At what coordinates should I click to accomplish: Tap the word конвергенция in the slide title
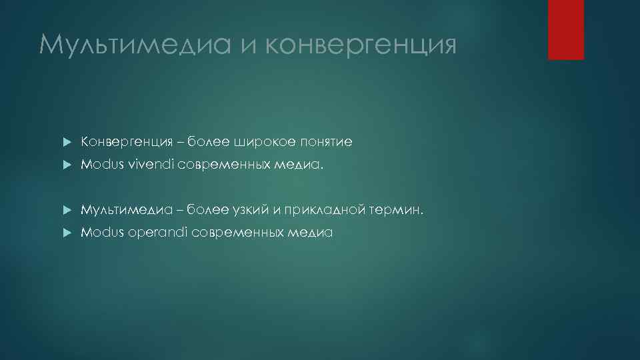[361, 45]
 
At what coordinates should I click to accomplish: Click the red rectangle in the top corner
[565, 30]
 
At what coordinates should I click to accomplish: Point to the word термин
[397, 210]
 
